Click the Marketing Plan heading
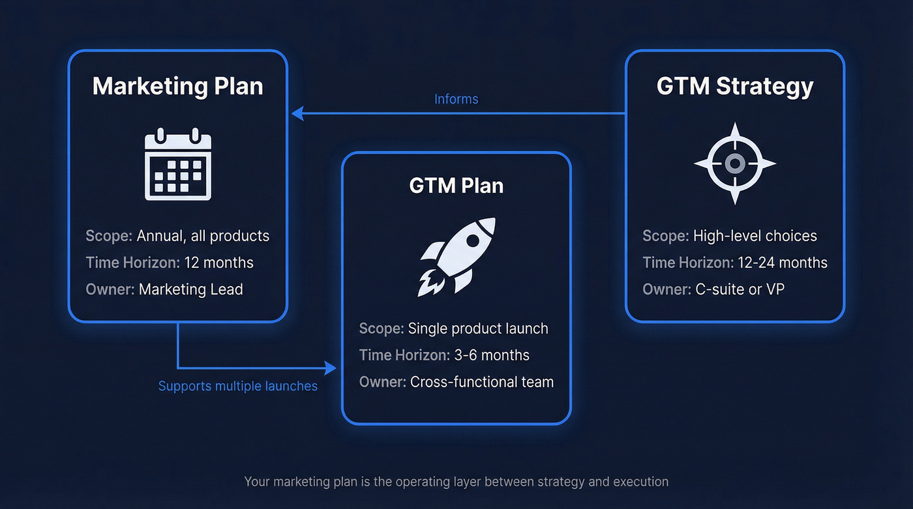[177, 87]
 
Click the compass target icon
[735, 164]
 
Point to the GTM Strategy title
[735, 87]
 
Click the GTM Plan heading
[456, 186]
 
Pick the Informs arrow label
[456, 99]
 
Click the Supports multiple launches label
[238, 386]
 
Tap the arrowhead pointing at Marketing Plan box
[297, 113]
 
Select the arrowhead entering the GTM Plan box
[331, 369]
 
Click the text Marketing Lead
[191, 289]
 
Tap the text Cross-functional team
[482, 382]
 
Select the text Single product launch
[478, 328]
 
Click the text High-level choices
[755, 236]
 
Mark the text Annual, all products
[203, 236]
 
